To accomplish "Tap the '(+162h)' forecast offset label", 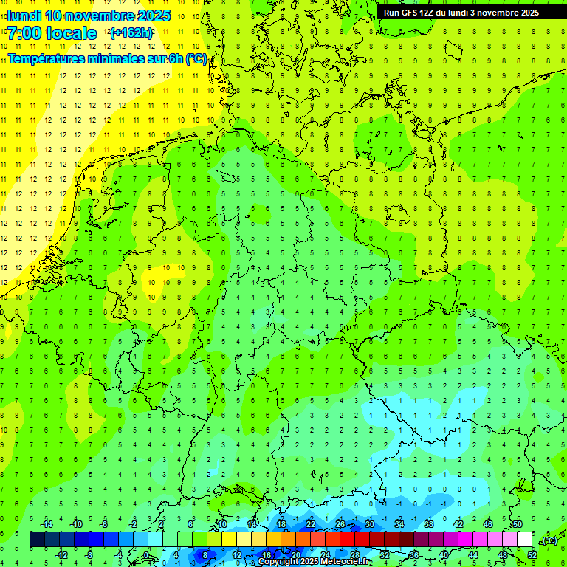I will [131, 33].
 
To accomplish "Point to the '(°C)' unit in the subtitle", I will [196, 58].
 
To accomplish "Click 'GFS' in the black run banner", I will [410, 13].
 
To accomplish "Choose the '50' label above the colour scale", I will [517, 524].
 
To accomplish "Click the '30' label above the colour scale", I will [369, 524].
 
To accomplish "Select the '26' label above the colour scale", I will [340, 524].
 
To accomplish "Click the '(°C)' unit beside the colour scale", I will [549, 540].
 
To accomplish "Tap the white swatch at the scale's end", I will [524, 540].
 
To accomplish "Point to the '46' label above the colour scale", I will [487, 524].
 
